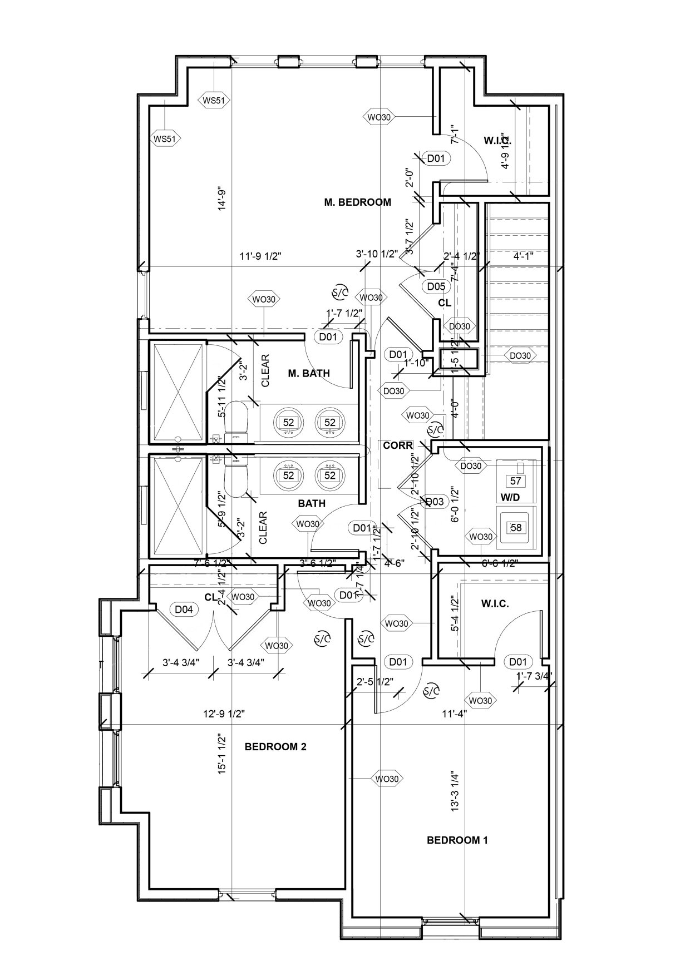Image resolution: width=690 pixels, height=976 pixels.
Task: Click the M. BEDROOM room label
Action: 357,202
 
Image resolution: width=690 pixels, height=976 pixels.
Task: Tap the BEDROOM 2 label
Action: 275,746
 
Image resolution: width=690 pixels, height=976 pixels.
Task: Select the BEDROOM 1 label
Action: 457,840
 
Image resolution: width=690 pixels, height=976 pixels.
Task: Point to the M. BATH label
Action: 309,373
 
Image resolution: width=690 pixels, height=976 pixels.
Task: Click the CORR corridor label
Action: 398,445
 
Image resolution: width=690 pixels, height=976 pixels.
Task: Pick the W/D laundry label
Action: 510,498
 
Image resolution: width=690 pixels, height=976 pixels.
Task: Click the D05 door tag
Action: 436,286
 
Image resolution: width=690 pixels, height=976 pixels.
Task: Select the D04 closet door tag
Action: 184,610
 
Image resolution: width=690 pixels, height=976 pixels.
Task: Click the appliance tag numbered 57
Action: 516,480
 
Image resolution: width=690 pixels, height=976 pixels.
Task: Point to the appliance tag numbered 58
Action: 516,527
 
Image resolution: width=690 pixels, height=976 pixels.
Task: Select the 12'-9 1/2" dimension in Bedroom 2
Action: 224,714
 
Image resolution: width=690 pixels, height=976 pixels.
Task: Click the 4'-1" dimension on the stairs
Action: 523,256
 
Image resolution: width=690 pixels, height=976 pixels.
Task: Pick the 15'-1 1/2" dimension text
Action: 223,755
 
